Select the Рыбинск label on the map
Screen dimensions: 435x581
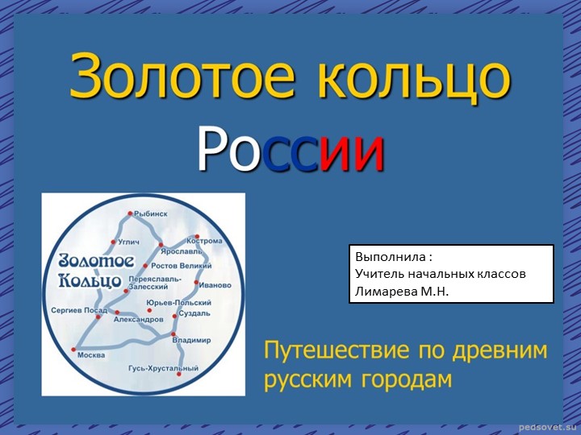tap(151, 213)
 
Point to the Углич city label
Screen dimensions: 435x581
tap(129, 242)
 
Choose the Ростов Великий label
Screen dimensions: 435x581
tap(182, 266)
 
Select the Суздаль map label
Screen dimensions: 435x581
tap(194, 313)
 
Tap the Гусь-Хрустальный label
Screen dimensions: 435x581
tap(163, 368)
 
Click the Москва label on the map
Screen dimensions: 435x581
tap(90, 355)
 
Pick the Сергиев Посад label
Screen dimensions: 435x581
tap(78, 309)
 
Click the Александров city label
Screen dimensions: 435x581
tap(139, 320)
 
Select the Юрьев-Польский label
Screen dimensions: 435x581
tap(178, 302)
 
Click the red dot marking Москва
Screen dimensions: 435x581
tap(73, 350)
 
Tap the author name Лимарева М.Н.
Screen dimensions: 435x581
tap(401, 290)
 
